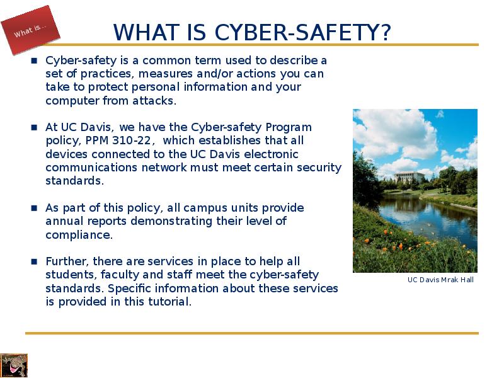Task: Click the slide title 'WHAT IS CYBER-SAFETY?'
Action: [252, 31]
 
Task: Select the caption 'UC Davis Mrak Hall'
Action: [440, 280]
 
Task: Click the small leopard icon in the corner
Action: [13, 365]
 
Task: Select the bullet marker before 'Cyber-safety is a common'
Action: [35, 60]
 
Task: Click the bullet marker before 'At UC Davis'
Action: [35, 127]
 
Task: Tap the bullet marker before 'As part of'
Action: [35, 208]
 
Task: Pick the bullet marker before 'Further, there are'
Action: [35, 261]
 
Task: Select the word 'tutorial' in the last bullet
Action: [169, 302]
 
